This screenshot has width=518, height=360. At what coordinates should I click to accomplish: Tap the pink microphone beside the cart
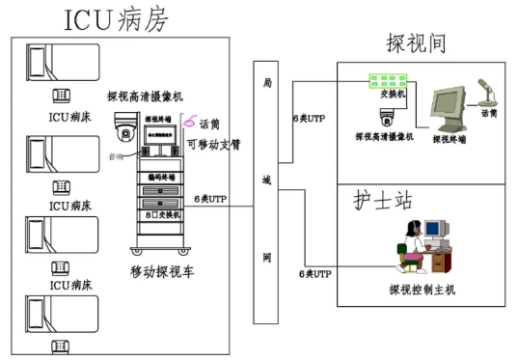coord(191,122)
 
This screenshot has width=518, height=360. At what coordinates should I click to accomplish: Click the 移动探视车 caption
coord(161,272)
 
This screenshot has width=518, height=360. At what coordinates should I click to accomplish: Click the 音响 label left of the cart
coord(115,153)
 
